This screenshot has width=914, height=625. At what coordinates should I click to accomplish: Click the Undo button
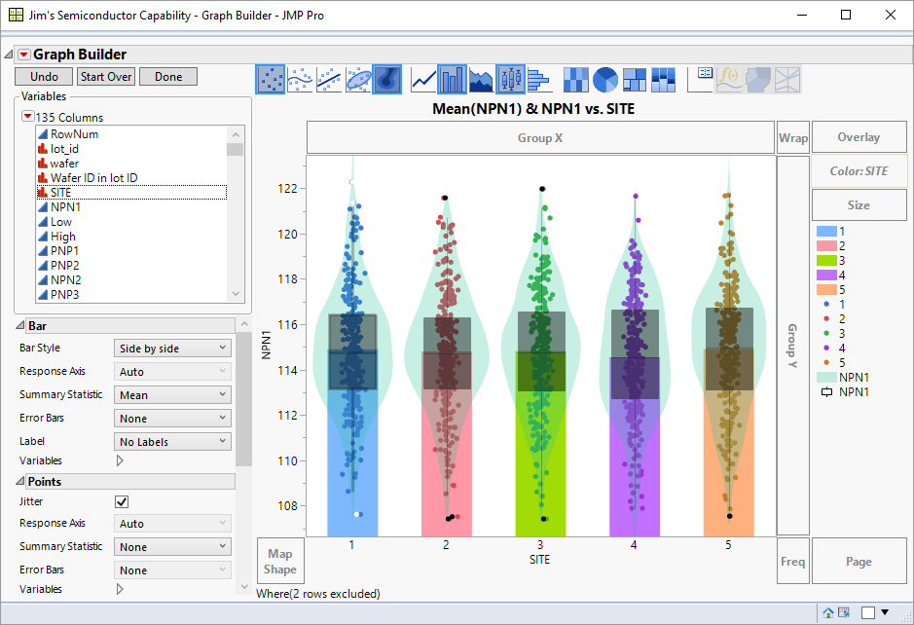click(x=44, y=77)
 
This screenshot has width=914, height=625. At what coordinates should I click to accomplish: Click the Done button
click(x=167, y=77)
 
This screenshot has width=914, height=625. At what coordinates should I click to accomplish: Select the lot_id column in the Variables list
click(x=64, y=149)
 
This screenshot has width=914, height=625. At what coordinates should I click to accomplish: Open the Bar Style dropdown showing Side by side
click(x=172, y=348)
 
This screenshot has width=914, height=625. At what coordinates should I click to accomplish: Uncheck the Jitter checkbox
click(x=122, y=501)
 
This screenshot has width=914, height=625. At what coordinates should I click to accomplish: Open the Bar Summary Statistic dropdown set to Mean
click(x=172, y=395)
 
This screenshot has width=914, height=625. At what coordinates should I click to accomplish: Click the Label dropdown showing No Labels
click(x=172, y=442)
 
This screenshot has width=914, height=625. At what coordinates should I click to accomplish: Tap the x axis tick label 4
click(x=634, y=546)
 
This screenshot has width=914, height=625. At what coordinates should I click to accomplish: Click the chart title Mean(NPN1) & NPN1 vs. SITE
click(x=533, y=109)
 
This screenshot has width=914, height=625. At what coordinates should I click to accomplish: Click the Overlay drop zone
click(x=858, y=137)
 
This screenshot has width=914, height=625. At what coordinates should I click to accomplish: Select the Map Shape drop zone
click(x=279, y=562)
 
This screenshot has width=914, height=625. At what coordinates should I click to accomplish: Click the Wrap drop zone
click(x=792, y=137)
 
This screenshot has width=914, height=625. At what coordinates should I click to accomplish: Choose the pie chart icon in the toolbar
click(x=605, y=79)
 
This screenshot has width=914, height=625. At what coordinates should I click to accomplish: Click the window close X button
click(x=891, y=15)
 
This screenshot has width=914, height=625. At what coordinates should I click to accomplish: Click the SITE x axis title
click(x=539, y=560)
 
